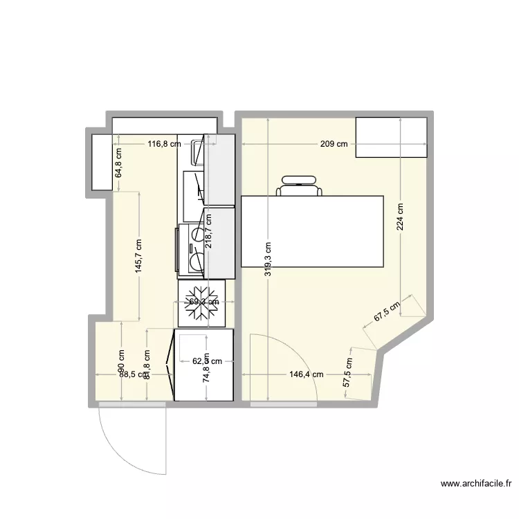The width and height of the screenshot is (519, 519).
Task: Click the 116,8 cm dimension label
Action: pos(165,145)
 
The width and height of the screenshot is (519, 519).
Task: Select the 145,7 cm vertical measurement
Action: pos(139,257)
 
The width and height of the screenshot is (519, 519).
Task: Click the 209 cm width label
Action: pos(334,145)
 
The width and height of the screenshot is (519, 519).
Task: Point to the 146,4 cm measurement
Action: pos(307,374)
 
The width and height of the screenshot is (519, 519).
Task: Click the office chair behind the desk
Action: pos(300,186)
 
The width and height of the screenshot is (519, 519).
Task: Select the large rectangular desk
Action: pos(311,232)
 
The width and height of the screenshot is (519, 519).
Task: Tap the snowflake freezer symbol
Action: pos(201,302)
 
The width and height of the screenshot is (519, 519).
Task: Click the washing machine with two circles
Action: pos(192,249)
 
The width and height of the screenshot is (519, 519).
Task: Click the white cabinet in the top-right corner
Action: pos(391,138)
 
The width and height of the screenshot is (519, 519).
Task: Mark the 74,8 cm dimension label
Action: pos(206,380)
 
